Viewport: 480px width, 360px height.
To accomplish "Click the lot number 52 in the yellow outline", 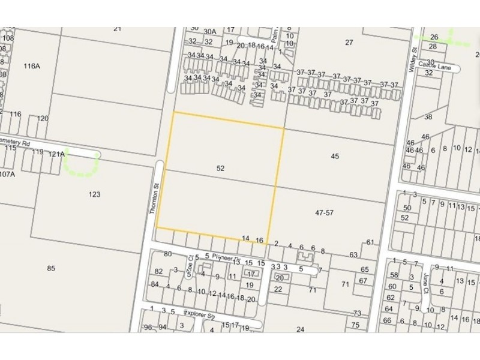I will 220,169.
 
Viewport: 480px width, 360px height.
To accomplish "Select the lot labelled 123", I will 94,194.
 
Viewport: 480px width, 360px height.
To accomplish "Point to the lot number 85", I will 51,268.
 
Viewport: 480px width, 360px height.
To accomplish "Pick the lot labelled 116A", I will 31,66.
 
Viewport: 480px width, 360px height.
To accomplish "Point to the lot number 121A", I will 56,154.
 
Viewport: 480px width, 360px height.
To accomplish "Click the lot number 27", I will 349,41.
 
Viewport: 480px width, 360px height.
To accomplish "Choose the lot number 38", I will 428,117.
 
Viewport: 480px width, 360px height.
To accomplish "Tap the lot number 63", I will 353,254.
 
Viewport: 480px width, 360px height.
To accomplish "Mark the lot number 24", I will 300,329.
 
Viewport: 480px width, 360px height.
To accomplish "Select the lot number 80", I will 167,254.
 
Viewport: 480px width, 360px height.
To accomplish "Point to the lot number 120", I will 42,118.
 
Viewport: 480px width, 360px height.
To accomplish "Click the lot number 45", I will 335,156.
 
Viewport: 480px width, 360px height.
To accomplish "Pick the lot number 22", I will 277,289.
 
